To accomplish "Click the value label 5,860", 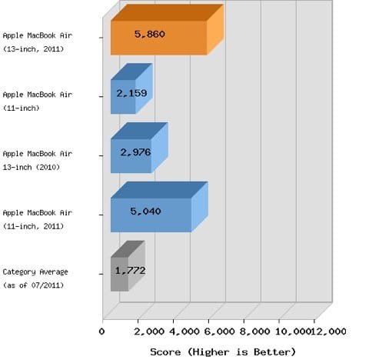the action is (150, 34).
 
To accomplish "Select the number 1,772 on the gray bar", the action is (131, 271).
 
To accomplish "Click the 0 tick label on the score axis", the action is (102, 332).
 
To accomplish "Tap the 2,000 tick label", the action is (149, 332).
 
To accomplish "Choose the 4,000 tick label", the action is (184, 332).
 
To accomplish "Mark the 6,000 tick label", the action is (220, 332).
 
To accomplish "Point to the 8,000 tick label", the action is (255, 332).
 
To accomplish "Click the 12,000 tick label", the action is (328, 332).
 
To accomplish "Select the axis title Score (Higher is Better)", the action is (223, 352).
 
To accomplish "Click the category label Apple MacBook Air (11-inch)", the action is (38, 102).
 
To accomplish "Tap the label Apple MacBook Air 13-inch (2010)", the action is (38, 161).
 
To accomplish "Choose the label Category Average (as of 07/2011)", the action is (35, 278).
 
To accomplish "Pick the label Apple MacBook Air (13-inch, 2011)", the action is (38, 42).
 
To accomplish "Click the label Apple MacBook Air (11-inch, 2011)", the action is (38, 219).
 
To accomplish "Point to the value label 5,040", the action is (145, 212).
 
